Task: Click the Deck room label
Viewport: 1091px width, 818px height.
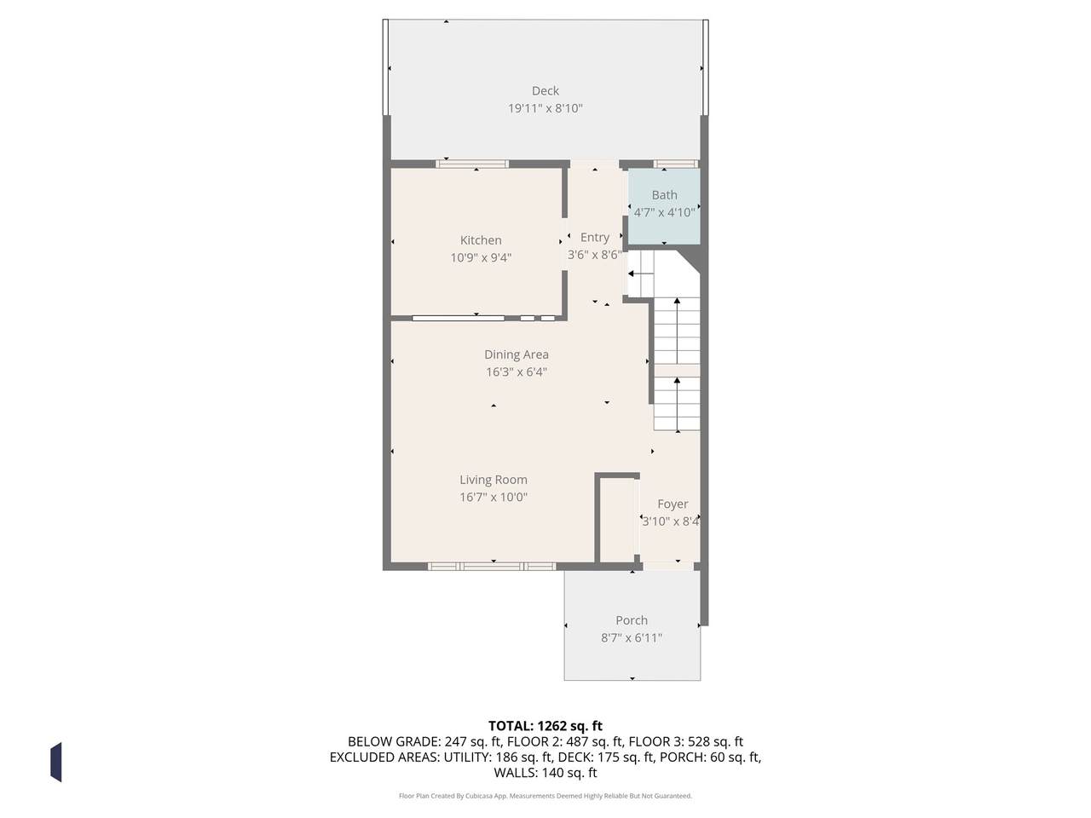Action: (x=545, y=91)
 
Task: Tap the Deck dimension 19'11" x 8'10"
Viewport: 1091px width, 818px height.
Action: (x=545, y=108)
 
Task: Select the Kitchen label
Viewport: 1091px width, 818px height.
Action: (x=481, y=240)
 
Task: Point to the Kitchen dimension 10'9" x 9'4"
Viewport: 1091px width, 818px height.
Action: (x=481, y=258)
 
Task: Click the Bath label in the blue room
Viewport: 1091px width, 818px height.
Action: (x=665, y=195)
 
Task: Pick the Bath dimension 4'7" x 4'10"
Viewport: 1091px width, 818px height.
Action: (x=665, y=212)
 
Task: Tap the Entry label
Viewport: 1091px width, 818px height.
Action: (x=595, y=238)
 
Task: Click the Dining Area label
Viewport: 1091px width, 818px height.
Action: (x=517, y=354)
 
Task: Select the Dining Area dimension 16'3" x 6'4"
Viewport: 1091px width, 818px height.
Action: (x=517, y=372)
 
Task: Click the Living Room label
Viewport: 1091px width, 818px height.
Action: (x=494, y=480)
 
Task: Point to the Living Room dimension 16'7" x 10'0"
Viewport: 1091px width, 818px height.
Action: (x=494, y=497)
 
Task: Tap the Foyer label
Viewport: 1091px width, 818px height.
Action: (x=673, y=504)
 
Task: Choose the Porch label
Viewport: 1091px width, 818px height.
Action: (x=632, y=620)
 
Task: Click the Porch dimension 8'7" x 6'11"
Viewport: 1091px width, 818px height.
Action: (x=632, y=637)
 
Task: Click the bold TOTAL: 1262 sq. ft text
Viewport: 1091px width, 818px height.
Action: (x=545, y=726)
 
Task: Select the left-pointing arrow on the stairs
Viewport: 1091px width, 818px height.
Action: (x=641, y=274)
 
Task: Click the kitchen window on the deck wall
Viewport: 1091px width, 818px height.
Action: (x=472, y=164)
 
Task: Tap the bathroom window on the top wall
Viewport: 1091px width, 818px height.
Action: (x=676, y=164)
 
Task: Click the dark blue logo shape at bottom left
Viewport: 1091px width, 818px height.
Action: (x=56, y=763)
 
